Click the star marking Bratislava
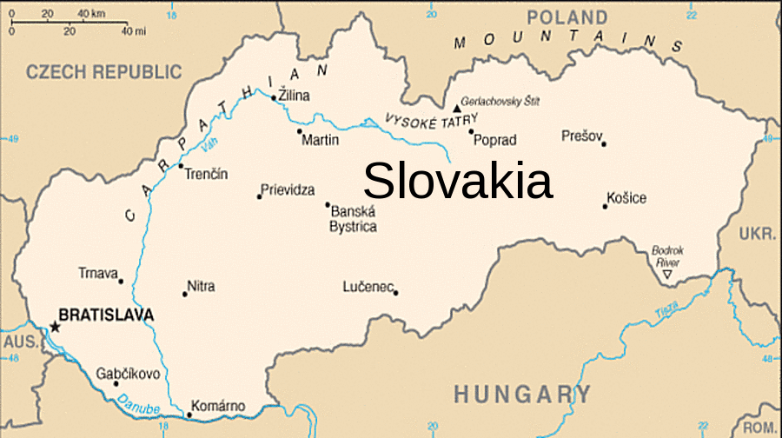(x=55, y=327)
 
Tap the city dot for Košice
(x=605, y=206)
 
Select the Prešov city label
(x=581, y=136)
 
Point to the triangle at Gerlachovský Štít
(x=457, y=109)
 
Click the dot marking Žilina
(x=274, y=97)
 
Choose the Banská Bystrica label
(x=353, y=219)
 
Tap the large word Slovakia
(x=458, y=182)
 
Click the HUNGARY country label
(x=521, y=394)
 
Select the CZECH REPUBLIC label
(x=104, y=72)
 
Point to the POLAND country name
(x=567, y=17)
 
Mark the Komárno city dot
(x=189, y=414)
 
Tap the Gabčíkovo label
(x=128, y=374)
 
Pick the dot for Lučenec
(x=395, y=292)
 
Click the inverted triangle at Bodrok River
(x=666, y=275)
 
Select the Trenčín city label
(x=207, y=174)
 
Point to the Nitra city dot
(x=184, y=294)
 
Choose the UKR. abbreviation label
(x=758, y=235)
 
